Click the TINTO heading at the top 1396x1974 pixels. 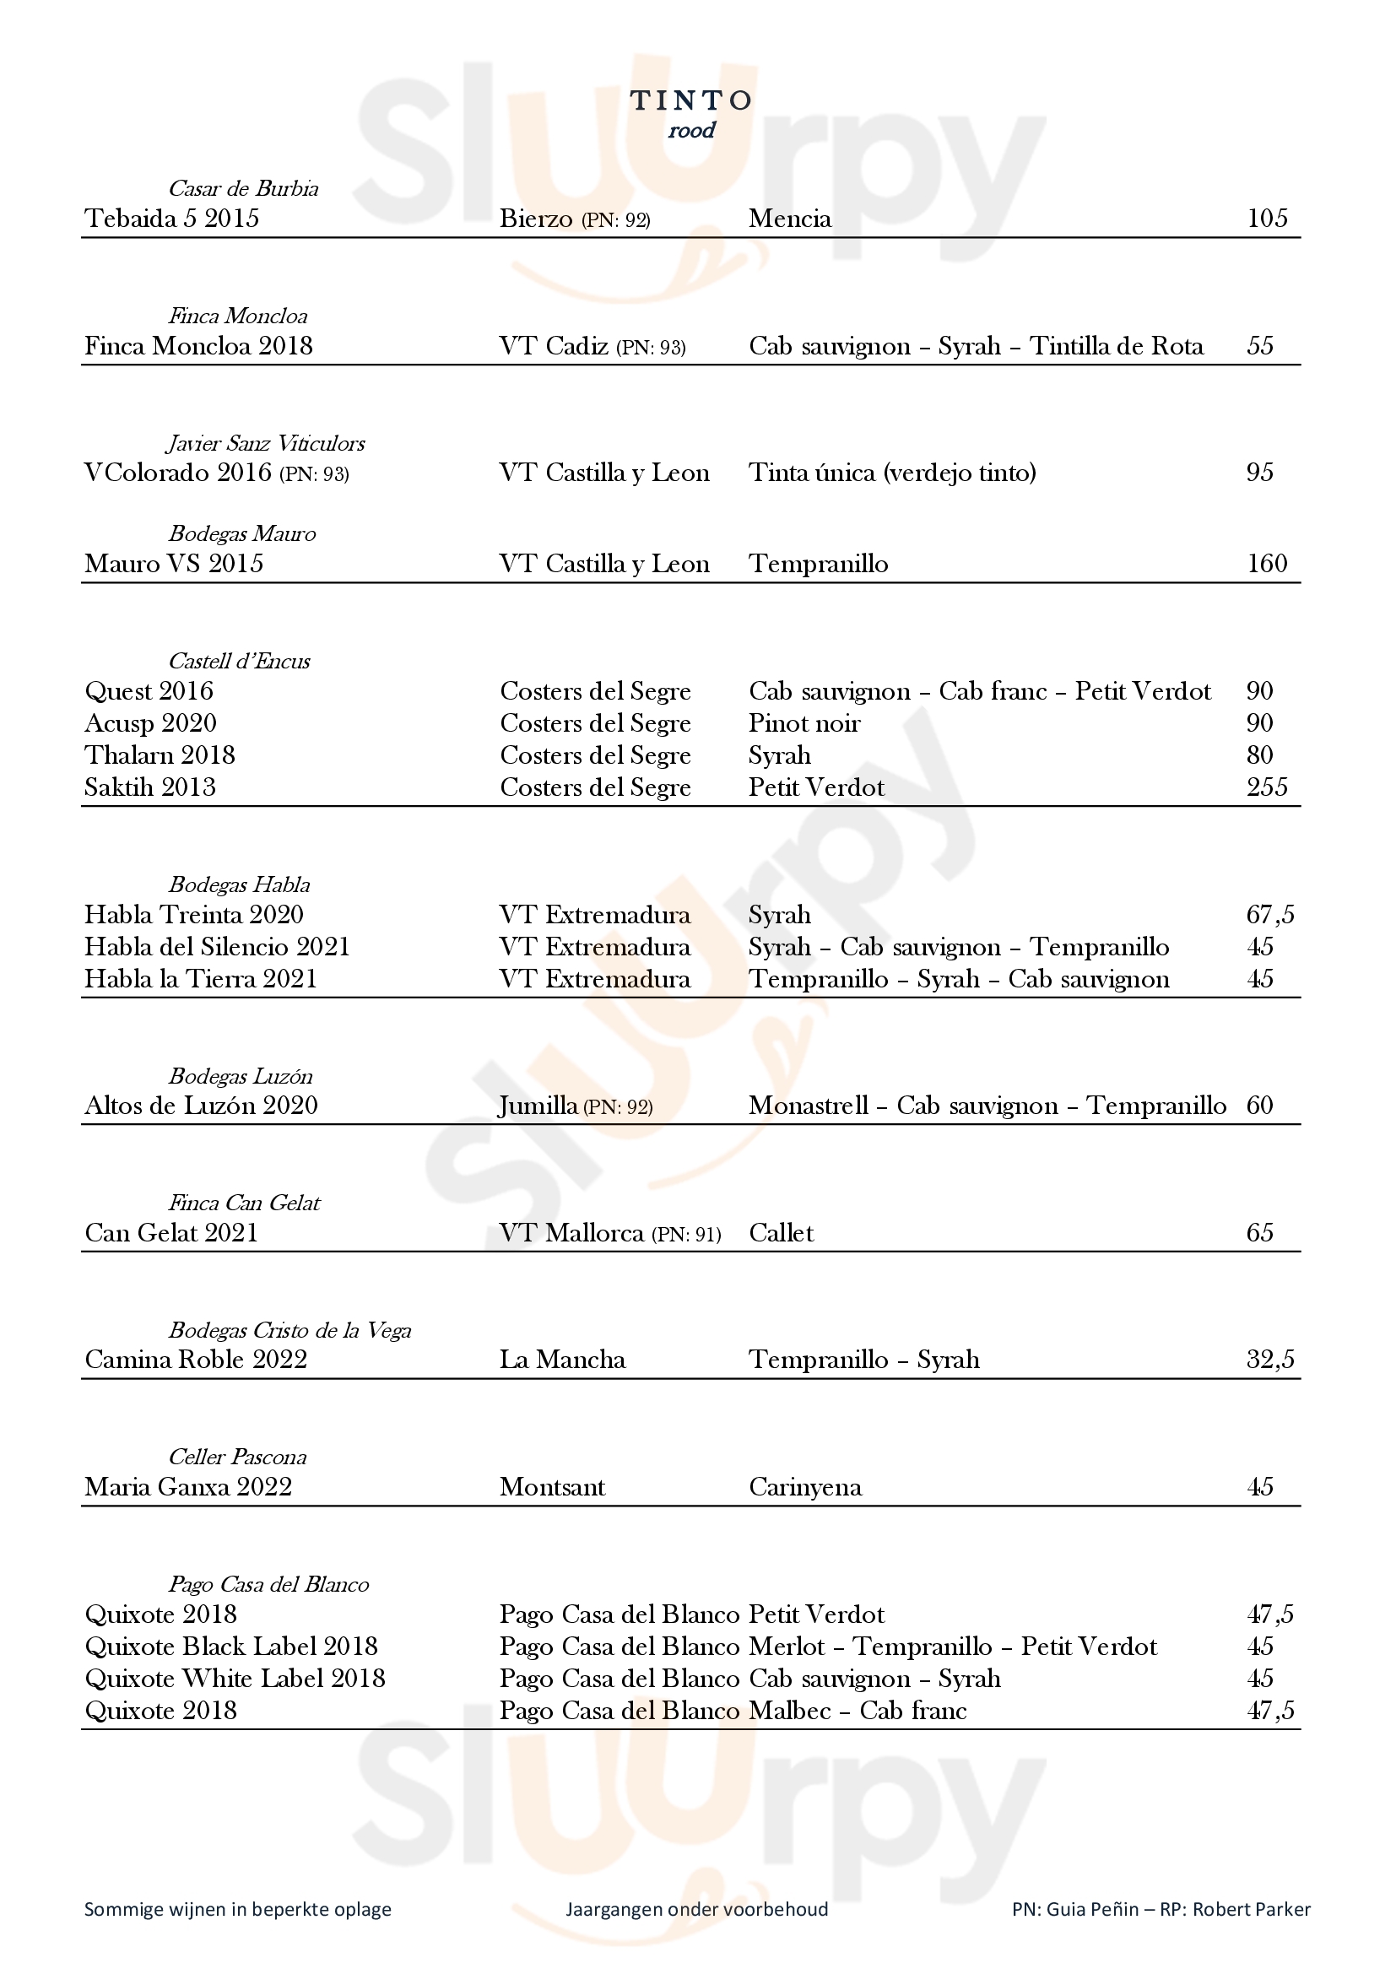pyautogui.click(x=692, y=100)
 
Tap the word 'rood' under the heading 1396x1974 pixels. pyautogui.click(x=692, y=131)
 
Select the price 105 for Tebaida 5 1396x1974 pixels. pyautogui.click(x=1267, y=219)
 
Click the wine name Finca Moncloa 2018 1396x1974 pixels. pyautogui.click(x=198, y=346)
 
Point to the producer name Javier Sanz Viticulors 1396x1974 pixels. pyautogui.click(x=266, y=444)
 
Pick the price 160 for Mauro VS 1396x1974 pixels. pyautogui.click(x=1267, y=564)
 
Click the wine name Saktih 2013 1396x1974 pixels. pyautogui.click(x=150, y=787)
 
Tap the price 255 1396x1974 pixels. pyautogui.click(x=1267, y=787)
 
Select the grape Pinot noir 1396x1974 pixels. pyautogui.click(x=804, y=723)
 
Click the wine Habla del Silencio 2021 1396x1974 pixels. pyautogui.click(x=218, y=947)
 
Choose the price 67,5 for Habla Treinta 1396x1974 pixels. pyautogui.click(x=1269, y=915)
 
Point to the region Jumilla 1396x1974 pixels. pyautogui.click(x=539, y=1106)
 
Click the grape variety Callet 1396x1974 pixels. pyautogui.click(x=781, y=1233)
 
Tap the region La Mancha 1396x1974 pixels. pyautogui.click(x=562, y=1360)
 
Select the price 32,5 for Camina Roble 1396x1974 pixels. pyautogui.click(x=1269, y=1360)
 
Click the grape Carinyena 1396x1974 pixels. pyautogui.click(x=804, y=1487)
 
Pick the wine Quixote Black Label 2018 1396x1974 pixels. pyautogui.click(x=231, y=1647)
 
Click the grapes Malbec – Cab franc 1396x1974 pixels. pyautogui.click(x=857, y=1711)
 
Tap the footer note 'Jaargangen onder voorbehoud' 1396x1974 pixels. pyautogui.click(x=696, y=1910)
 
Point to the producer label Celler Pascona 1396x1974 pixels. pyautogui.click(x=237, y=1458)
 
